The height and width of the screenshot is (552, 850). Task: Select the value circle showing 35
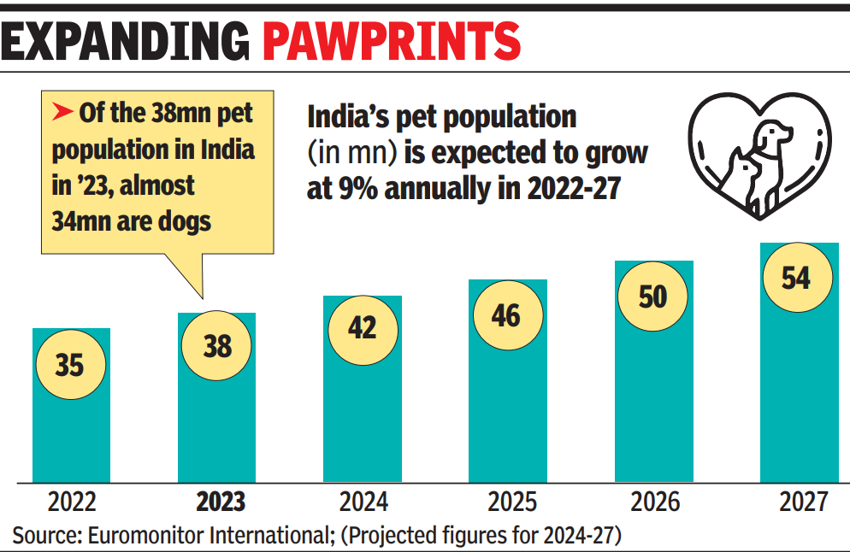(70, 365)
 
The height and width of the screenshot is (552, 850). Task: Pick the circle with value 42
(363, 328)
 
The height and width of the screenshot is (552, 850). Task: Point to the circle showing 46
(506, 314)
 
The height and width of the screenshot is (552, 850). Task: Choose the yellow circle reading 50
(652, 297)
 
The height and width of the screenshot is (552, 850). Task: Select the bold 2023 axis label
(221, 501)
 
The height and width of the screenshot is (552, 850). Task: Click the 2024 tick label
(363, 501)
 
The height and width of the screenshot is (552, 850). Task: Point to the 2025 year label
(511, 501)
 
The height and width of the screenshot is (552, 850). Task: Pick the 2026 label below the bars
(656, 501)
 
